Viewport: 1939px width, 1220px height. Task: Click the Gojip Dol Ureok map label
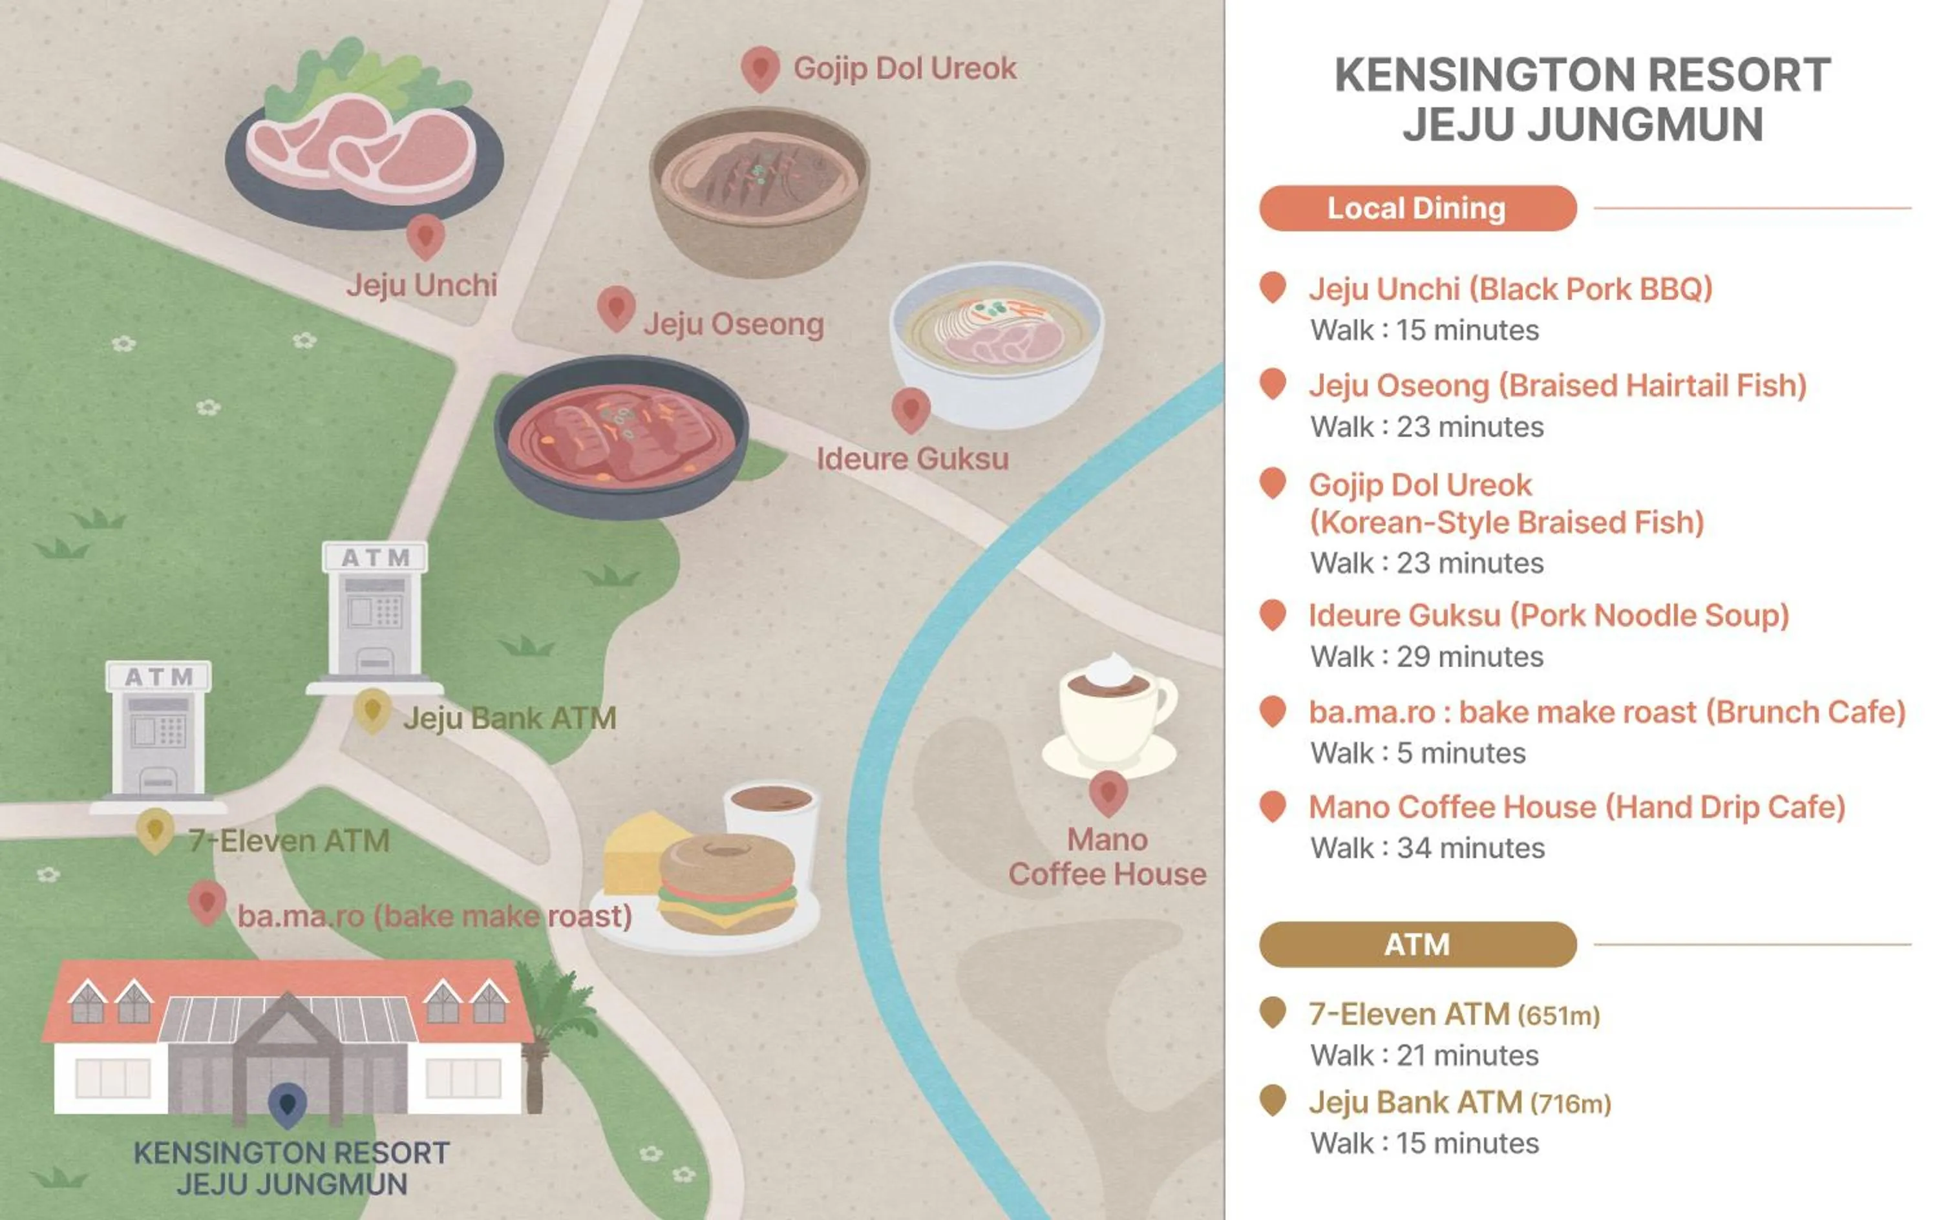pyautogui.click(x=904, y=69)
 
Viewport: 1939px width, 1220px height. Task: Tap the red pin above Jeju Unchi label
pyautogui.click(x=426, y=236)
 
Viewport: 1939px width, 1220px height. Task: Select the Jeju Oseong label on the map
pyautogui.click(x=733, y=324)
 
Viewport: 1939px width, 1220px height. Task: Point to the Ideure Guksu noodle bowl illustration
pyautogui.click(x=997, y=342)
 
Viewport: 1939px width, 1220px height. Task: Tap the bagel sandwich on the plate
pyautogui.click(x=727, y=884)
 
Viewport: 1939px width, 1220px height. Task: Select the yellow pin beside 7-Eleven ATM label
pyautogui.click(x=155, y=830)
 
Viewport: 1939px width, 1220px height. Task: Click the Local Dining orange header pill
pyautogui.click(x=1417, y=209)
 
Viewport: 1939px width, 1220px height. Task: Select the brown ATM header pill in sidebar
pyautogui.click(x=1417, y=945)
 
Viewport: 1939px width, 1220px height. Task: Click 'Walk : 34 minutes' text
pyautogui.click(x=1427, y=848)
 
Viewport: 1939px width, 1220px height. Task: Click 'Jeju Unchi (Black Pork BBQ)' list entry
pyautogui.click(x=1510, y=289)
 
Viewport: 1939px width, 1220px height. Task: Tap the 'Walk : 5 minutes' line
pyautogui.click(x=1417, y=753)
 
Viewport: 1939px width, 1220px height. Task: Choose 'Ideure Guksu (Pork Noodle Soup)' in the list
pyautogui.click(x=1548, y=616)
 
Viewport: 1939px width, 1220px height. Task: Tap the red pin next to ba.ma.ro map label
pyautogui.click(x=207, y=902)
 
